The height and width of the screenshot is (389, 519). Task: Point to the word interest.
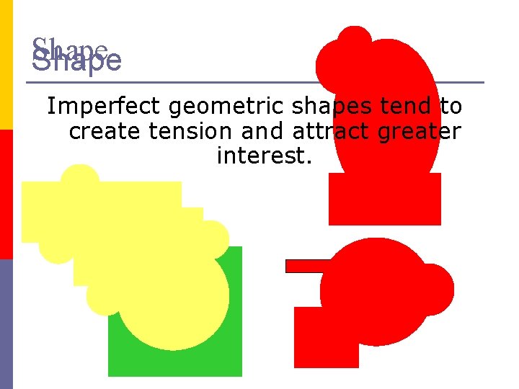tap(264, 156)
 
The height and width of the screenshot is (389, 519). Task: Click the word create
tap(102, 132)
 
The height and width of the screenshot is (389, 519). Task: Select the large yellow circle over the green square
tap(173, 295)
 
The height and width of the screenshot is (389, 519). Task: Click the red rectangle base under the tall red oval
tap(384, 205)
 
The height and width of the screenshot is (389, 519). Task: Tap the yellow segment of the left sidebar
tap(6, 65)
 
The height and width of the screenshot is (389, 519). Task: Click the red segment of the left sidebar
tap(6, 194)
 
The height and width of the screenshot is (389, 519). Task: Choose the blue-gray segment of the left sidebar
tap(6, 324)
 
